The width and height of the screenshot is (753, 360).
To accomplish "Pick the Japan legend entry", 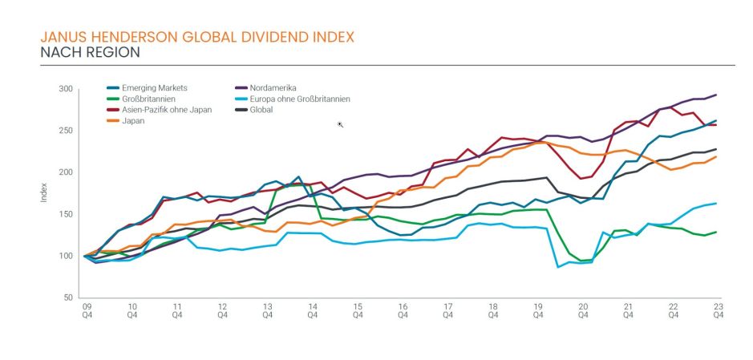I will (133, 120).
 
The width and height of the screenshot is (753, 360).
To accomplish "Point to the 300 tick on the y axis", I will (66, 89).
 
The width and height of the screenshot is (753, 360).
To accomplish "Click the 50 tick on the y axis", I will (68, 297).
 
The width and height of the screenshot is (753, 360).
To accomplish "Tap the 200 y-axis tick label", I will (66, 172).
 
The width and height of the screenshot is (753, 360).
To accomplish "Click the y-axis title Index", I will (44, 193).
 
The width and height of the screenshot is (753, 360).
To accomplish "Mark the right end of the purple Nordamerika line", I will (716, 95).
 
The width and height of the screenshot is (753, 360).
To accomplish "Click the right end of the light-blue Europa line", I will (716, 204).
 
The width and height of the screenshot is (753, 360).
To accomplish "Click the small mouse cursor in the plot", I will (341, 124).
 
